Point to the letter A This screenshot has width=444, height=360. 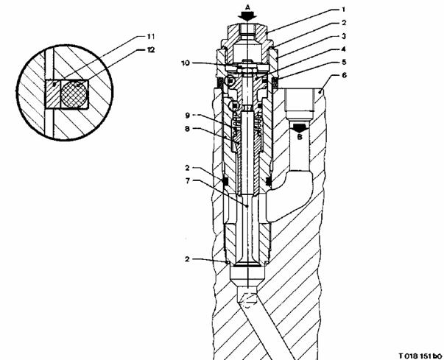coord(249,3)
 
